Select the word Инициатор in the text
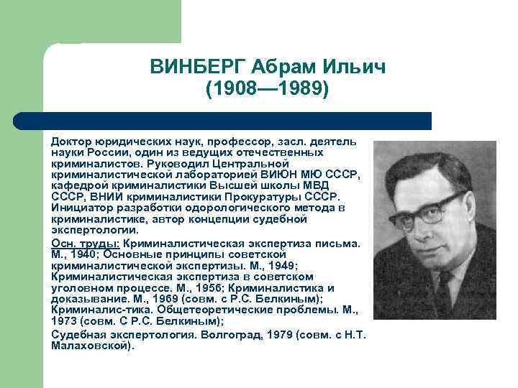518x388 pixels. click(81, 208)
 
